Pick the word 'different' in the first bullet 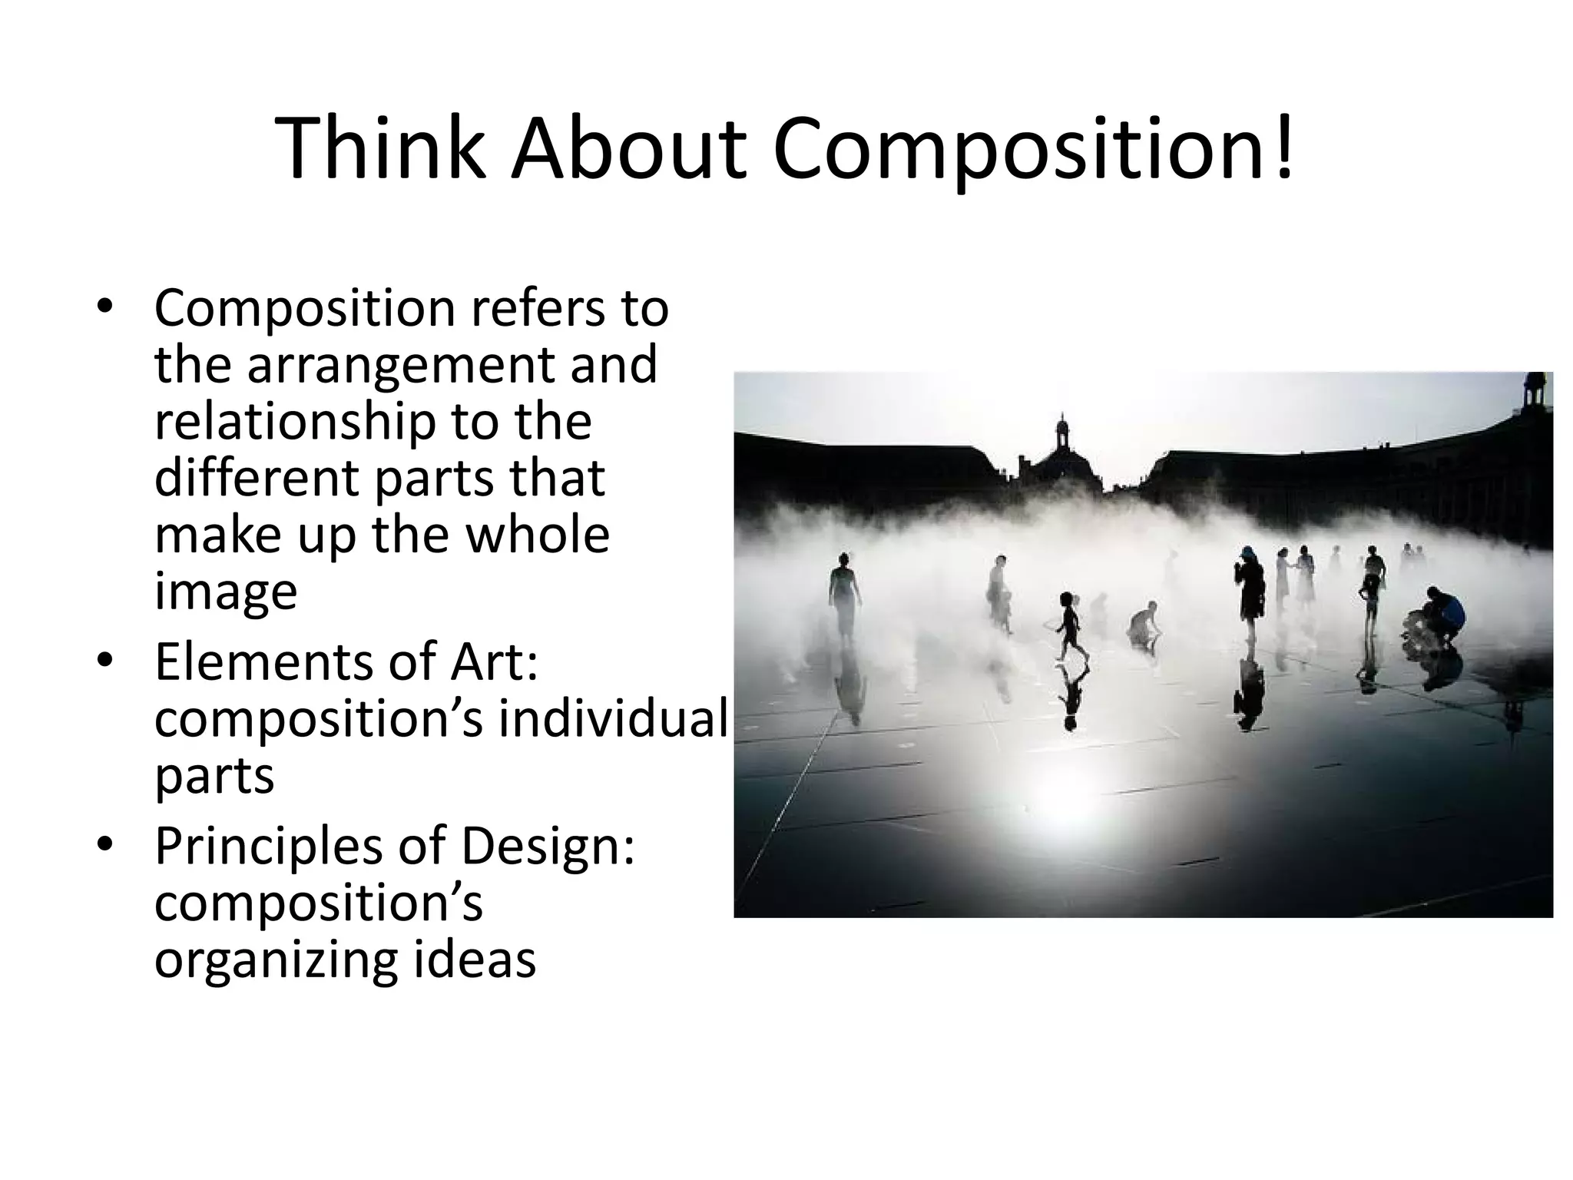coord(255,478)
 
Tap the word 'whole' coord(538,535)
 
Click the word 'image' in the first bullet coord(225,592)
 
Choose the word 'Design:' coord(547,847)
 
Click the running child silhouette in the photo coord(1068,624)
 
